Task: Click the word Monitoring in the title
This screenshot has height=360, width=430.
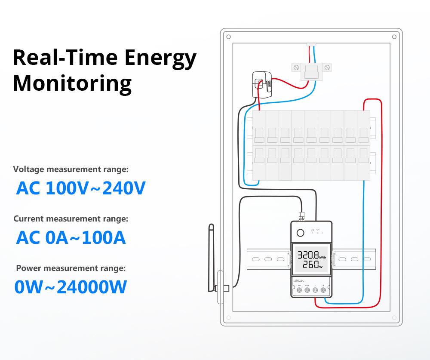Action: tap(72, 83)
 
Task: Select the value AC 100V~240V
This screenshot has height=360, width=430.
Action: tap(81, 188)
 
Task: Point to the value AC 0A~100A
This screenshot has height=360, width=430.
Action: tap(71, 237)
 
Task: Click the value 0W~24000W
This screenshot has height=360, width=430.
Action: tap(71, 287)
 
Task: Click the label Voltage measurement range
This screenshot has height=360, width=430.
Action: tap(71, 169)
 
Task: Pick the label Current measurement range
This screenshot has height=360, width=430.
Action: tap(71, 218)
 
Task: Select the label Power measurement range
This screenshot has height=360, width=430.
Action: tap(71, 268)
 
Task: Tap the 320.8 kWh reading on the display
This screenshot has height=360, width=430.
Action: tap(308, 254)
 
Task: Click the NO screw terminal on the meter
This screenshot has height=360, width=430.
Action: tap(299, 291)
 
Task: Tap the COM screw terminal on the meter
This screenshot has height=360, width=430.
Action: tap(307, 291)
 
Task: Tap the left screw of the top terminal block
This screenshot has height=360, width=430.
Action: tap(296, 67)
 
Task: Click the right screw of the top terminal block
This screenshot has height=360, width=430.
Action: tap(327, 67)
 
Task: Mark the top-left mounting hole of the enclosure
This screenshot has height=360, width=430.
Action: tap(228, 37)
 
